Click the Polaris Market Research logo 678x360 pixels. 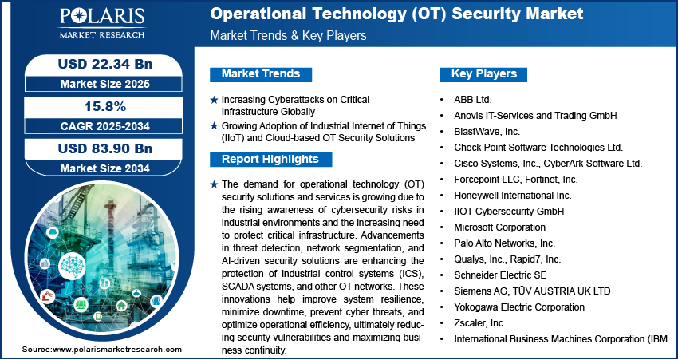pyautogui.click(x=102, y=23)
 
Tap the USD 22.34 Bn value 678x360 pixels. pyautogui.click(x=105, y=64)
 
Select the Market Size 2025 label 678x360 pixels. pyautogui.click(x=105, y=84)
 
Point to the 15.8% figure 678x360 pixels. pyautogui.click(x=105, y=106)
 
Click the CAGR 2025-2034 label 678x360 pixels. pyautogui.click(x=105, y=126)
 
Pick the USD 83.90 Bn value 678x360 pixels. pyautogui.click(x=105, y=148)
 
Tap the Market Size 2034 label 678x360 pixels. pyautogui.click(x=105, y=168)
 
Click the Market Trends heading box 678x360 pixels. pyautogui.click(x=261, y=74)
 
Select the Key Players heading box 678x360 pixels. pyautogui.click(x=483, y=74)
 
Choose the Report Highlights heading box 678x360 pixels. pyautogui.click(x=270, y=159)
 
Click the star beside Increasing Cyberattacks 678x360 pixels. pyautogui.click(x=214, y=100)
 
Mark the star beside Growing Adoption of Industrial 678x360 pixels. pyautogui.click(x=214, y=126)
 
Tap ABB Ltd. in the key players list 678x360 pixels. pyautogui.click(x=473, y=100)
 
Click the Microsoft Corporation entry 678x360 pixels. pyautogui.click(x=499, y=227)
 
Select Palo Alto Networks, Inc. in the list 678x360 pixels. pyautogui.click(x=505, y=243)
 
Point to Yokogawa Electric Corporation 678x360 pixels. pyautogui.click(x=519, y=307)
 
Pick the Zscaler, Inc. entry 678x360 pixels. pyautogui.click(x=479, y=322)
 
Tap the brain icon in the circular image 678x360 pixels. pyautogui.click(x=72, y=265)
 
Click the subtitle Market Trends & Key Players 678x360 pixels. pyautogui.click(x=288, y=35)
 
